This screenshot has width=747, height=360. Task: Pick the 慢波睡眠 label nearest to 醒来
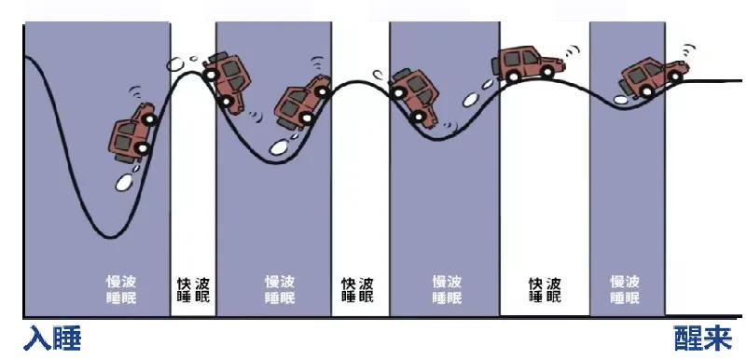[x=625, y=289]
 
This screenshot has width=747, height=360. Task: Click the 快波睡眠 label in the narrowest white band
[x=193, y=289]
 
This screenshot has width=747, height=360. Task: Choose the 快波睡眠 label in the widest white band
[x=546, y=289]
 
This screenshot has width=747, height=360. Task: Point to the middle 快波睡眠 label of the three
[x=358, y=289]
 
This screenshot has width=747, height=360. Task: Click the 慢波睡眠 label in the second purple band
[x=280, y=289]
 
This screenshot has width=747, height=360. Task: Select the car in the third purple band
[x=414, y=94]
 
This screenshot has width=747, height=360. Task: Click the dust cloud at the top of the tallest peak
[x=176, y=64]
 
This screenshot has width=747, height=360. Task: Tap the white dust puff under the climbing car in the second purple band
[x=279, y=146]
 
